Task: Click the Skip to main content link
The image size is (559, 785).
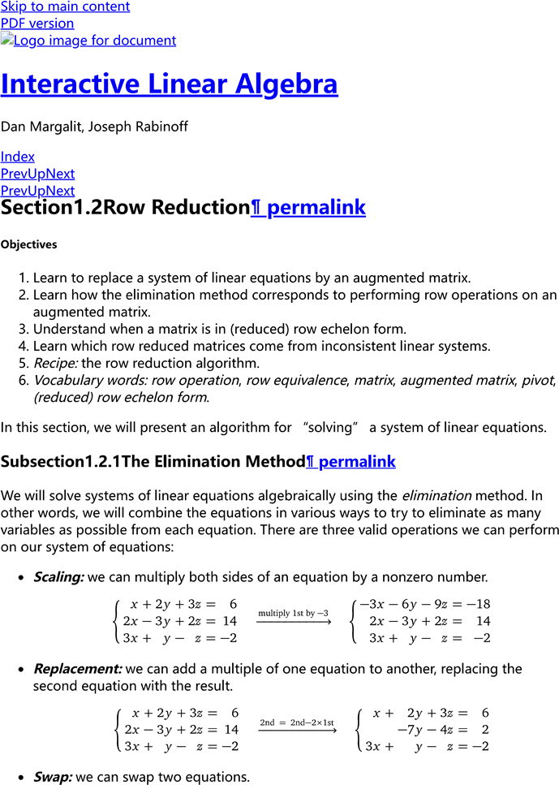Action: coord(65,6)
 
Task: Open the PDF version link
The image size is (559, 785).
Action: coord(37,24)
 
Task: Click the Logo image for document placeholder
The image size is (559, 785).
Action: coord(88,41)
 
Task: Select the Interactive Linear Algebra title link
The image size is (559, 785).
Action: coord(169,84)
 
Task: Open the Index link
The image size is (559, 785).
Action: coord(18,157)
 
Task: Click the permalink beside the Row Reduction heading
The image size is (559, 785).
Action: coord(308,208)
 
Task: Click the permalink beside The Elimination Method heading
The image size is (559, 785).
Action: coord(350,462)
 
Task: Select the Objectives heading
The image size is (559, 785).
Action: coord(29,244)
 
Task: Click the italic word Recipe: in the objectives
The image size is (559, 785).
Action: coord(55,363)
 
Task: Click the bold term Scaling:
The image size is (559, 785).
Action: coord(58,577)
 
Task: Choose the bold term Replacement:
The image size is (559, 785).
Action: coord(77,669)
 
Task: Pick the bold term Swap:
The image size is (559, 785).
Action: coord(53,777)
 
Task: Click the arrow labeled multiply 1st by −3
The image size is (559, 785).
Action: coord(294,619)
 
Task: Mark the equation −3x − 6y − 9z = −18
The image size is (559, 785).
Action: coord(424,605)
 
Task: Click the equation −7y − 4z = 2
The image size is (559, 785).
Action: coord(442,730)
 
